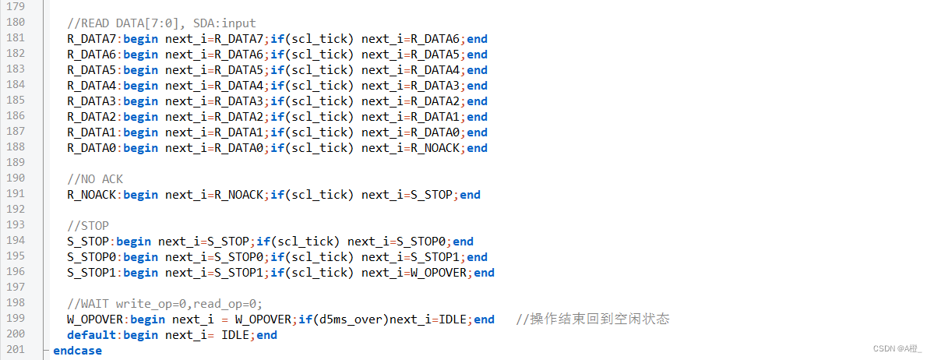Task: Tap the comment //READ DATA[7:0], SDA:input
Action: click(161, 24)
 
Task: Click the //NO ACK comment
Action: click(95, 178)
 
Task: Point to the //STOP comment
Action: click(88, 226)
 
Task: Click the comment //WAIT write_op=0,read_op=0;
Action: click(165, 303)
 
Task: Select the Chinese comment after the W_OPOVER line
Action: click(593, 319)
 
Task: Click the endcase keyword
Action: click(77, 351)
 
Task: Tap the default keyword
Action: click(91, 335)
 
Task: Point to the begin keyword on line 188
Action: click(140, 148)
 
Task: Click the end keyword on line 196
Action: click(484, 273)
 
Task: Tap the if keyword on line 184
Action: click(277, 86)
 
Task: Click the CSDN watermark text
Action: click(897, 348)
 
